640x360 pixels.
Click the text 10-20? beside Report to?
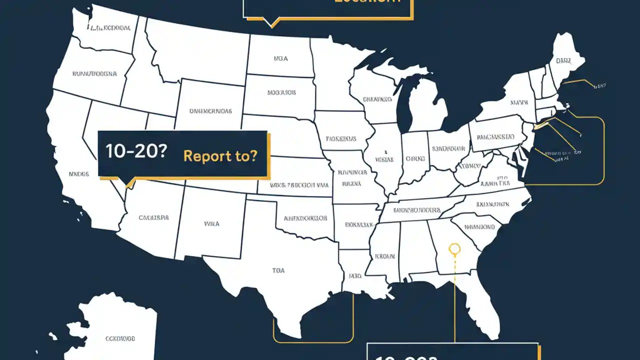coord(135,153)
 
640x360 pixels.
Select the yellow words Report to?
coord(220,155)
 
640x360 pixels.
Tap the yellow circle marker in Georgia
coord(454,248)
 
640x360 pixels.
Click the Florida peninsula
coord(482,305)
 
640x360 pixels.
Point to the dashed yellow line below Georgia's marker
coord(454,300)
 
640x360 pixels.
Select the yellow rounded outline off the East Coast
coord(603,150)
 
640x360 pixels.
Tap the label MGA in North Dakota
coord(280,58)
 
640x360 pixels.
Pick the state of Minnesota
coord(332,75)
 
